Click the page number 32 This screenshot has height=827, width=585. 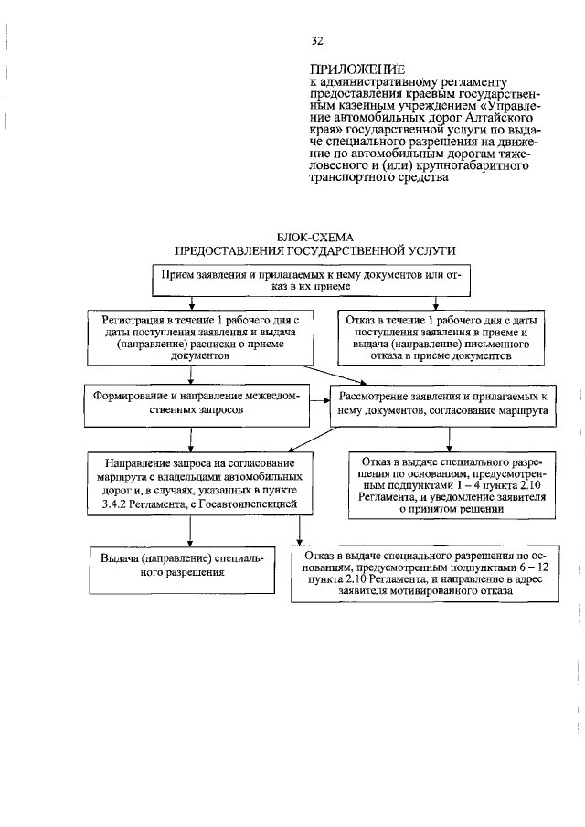[317, 41]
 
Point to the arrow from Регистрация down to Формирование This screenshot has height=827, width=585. [189, 375]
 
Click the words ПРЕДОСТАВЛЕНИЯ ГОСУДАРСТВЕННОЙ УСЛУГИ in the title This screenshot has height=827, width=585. [314, 250]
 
